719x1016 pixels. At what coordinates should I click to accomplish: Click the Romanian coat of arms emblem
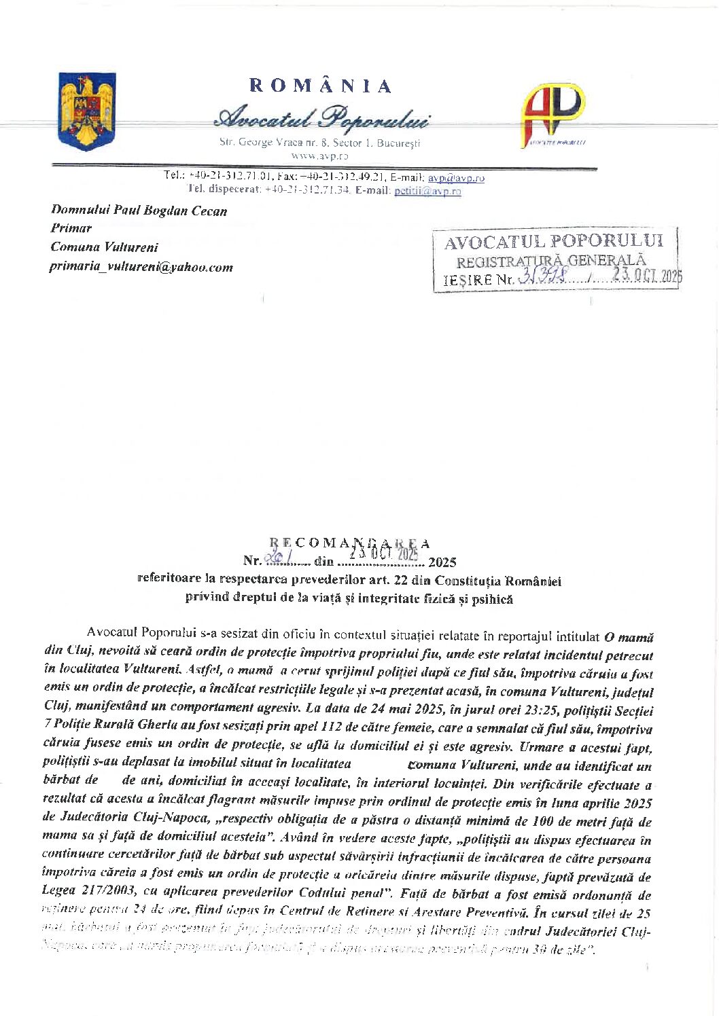click(x=87, y=111)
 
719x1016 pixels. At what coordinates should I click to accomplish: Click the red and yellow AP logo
click(x=553, y=113)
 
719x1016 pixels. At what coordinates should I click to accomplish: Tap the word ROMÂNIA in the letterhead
click(x=321, y=86)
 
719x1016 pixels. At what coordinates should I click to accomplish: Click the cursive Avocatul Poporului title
click(x=321, y=118)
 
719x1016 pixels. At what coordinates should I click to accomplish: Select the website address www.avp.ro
click(x=319, y=156)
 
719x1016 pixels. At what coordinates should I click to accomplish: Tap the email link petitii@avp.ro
click(x=427, y=191)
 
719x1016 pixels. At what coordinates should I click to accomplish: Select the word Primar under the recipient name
click(x=71, y=228)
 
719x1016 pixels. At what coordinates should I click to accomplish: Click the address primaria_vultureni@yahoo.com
click(x=141, y=267)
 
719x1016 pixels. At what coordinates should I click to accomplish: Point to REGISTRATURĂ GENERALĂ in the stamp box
click(x=551, y=261)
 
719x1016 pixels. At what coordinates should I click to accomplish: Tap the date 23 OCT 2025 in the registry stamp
click(x=646, y=275)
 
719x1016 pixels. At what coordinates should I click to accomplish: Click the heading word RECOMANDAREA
click(x=349, y=543)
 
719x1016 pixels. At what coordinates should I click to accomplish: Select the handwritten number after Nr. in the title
click(x=277, y=558)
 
